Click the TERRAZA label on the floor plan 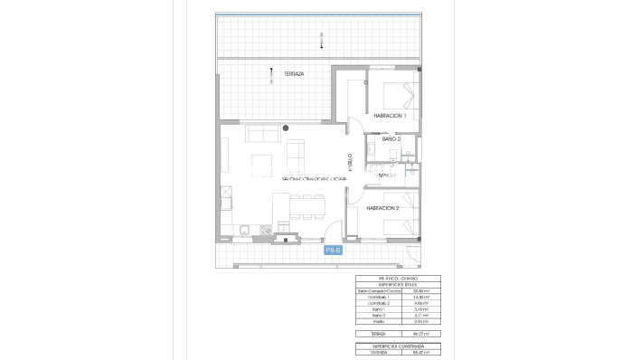pos(293,73)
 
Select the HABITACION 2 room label pos(383,208)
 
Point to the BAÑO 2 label pos(391,139)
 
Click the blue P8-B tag pos(334,249)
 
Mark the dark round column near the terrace pos(285,128)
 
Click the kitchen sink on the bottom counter pos(263,231)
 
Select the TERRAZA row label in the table pos(368,334)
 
